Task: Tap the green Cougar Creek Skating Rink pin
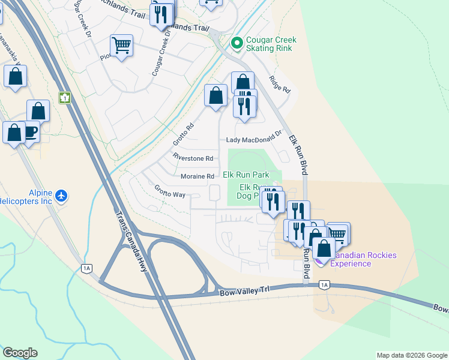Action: (237, 43)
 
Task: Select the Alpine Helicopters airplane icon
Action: (61, 196)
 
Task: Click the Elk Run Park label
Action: (246, 175)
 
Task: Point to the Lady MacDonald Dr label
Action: (253, 140)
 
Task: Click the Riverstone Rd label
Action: (193, 158)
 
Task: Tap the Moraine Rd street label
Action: (197, 176)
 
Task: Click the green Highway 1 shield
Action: (65, 97)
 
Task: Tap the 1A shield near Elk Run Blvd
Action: (324, 284)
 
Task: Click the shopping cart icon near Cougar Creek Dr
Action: (121, 44)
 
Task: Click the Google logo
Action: (20, 353)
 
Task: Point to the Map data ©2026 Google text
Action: (411, 355)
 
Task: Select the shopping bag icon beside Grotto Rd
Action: (215, 95)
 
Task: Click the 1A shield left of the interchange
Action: (88, 268)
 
